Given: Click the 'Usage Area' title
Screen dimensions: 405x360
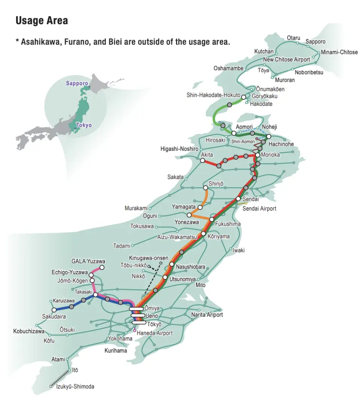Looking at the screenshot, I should tap(42, 21).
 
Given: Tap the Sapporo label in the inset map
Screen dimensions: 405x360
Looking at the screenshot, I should tap(77, 83).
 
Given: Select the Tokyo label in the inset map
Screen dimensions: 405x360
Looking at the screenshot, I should tap(83, 125).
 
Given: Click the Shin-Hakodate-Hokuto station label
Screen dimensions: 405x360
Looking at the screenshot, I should tap(213, 95).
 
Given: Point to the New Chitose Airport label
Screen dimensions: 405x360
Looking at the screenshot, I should tap(286, 60).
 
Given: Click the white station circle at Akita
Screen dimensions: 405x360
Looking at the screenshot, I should tap(202, 161).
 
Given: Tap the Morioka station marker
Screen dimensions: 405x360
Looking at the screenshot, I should tap(258, 155).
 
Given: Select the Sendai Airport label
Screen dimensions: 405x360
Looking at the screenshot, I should tap(259, 208).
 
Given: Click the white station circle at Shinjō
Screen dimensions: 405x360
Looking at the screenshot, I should tap(205, 188).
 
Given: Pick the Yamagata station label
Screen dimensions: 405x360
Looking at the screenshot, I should tap(184, 207).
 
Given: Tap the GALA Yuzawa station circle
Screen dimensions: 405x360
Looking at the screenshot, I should tap(102, 268).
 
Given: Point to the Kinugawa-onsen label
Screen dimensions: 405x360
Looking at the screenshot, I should tap(148, 258).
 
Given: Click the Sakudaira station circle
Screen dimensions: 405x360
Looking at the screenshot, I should tap(54, 310).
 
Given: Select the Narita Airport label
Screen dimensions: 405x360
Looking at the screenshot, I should tap(207, 315).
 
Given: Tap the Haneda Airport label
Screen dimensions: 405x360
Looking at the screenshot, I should tap(154, 333).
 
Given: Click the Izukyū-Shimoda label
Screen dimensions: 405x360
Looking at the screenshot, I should tap(75, 387).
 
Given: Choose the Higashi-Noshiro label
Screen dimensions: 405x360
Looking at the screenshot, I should tap(179, 149).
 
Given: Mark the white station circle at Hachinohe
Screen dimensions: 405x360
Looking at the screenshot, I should tap(268, 136).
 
